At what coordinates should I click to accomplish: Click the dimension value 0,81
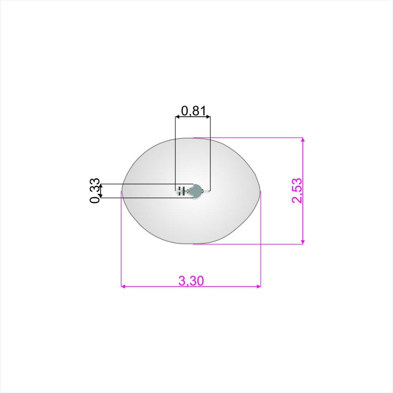point(193,111)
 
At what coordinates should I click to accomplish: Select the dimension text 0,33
point(95,190)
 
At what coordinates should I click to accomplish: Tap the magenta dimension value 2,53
point(297,190)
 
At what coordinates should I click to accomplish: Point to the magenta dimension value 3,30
point(191,281)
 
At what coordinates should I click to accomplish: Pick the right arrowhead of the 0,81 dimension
point(208,117)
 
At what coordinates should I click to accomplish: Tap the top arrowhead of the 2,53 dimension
point(303,140)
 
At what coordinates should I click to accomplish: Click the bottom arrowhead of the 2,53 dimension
point(303,242)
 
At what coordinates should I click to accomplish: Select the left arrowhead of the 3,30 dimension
point(123,286)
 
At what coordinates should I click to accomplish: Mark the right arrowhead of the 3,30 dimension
point(259,286)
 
